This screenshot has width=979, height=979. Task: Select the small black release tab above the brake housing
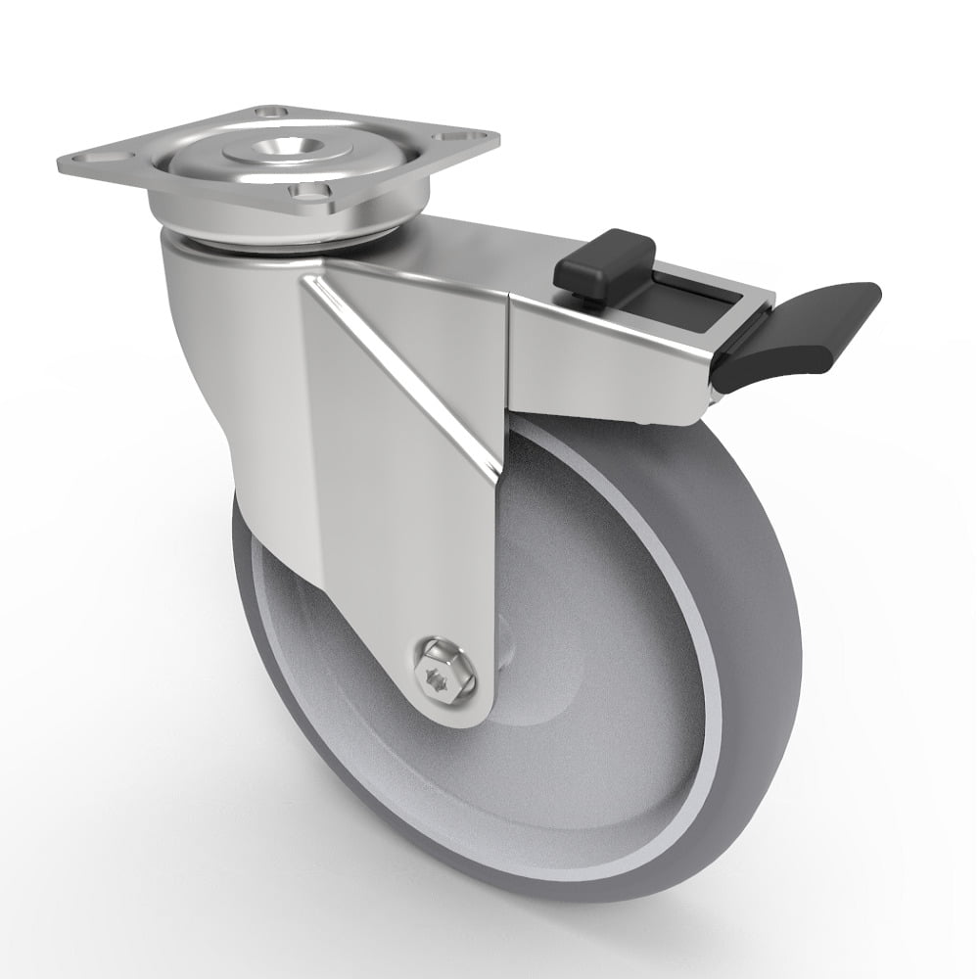point(604,258)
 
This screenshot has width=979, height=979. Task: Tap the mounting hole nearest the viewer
point(312,193)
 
